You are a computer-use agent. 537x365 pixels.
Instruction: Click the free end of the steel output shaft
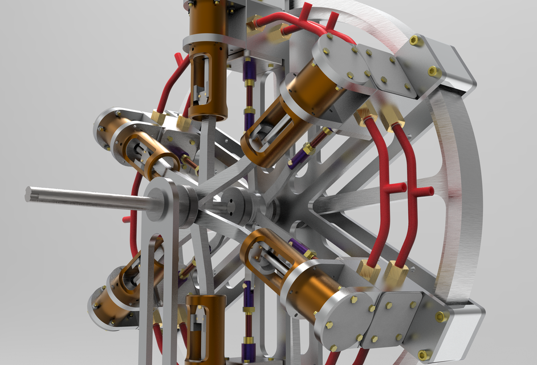pos(29,193)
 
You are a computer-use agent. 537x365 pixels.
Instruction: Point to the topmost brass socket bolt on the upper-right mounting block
pos(416,40)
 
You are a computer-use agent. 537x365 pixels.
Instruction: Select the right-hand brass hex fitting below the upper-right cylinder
pos(394,119)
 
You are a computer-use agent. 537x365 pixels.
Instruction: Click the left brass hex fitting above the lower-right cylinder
pos(367,270)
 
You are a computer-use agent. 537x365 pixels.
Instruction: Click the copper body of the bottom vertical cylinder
pos(205,331)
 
